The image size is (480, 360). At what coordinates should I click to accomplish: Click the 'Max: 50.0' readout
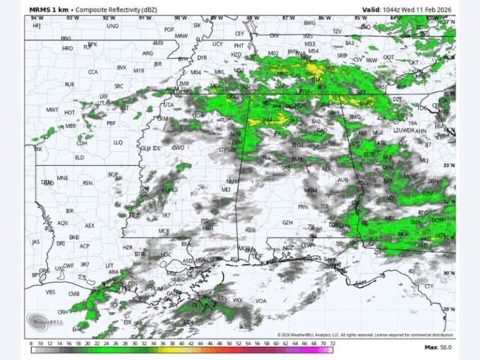tap(437, 347)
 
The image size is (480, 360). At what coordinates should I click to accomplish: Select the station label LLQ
tap(118, 142)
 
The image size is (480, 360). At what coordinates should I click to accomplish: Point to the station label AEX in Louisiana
tap(89, 226)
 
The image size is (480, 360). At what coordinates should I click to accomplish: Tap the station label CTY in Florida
tap(429, 286)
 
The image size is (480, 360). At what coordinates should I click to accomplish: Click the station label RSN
tap(87, 183)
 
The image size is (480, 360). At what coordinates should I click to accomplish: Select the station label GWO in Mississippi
tap(178, 148)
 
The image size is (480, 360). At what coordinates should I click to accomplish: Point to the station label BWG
tap(309, 23)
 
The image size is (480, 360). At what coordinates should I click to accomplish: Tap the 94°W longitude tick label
tap(37, 17)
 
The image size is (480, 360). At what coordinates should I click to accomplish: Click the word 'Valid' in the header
tap(372, 9)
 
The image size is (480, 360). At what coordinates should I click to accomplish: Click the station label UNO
tap(112, 26)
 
